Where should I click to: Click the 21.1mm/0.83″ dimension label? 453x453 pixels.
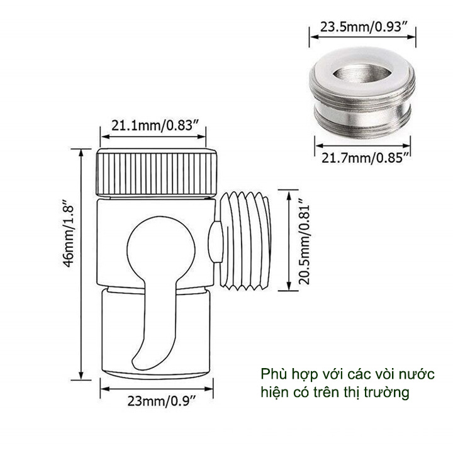156,126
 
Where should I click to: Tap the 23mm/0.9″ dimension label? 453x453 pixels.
162,401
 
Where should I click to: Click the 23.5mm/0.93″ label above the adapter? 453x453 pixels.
364,28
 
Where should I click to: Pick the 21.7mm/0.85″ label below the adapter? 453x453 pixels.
366,158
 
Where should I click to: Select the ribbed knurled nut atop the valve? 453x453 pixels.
156,172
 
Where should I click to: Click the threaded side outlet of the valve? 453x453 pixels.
245,240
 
